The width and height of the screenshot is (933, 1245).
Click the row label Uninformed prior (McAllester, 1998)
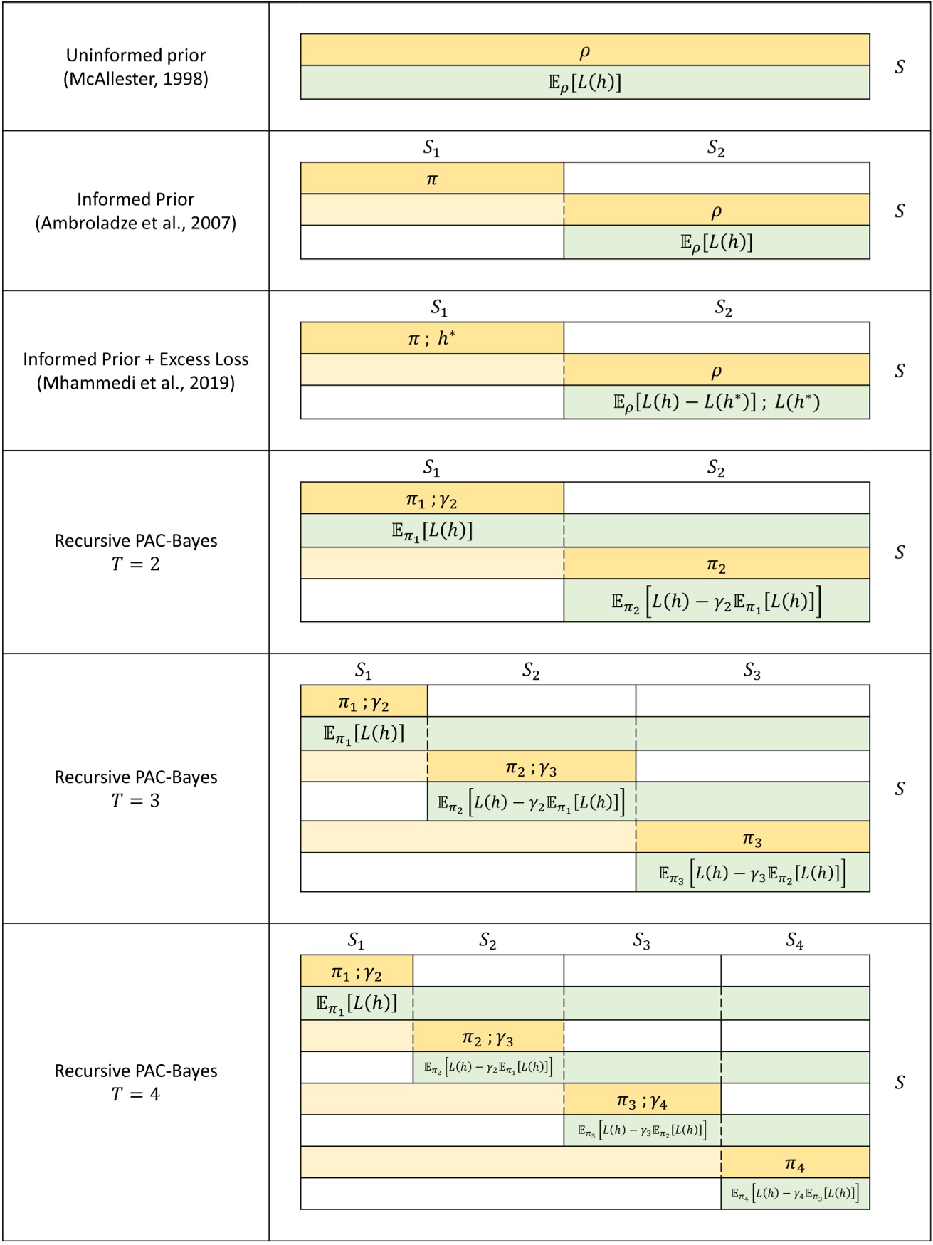[x=136, y=67]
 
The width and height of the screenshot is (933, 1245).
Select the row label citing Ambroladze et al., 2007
[x=136, y=211]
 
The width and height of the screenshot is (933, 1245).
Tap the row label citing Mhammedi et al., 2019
[x=136, y=370]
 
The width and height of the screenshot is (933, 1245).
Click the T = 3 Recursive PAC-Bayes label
[x=136, y=788]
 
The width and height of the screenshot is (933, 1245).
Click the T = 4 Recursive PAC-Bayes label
[x=136, y=1082]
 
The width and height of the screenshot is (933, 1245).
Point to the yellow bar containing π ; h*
[x=432, y=338]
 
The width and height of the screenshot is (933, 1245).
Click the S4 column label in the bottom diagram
[x=794, y=941]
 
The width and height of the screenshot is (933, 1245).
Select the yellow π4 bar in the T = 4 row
[x=794, y=1165]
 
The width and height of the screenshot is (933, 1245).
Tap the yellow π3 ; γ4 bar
[x=642, y=1101]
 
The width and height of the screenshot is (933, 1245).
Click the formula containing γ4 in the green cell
[x=794, y=1194]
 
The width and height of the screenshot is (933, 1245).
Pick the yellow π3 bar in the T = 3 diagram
[x=752, y=839]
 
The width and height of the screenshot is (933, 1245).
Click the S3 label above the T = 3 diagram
[x=752, y=671]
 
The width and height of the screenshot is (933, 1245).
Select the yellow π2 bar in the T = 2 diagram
[x=716, y=564]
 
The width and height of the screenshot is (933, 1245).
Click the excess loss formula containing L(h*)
[x=716, y=402]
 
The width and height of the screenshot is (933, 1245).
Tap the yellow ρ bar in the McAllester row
[x=584, y=51]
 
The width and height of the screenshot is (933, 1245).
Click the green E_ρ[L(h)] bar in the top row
[x=584, y=83]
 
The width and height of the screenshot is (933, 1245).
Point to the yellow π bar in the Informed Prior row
[x=432, y=179]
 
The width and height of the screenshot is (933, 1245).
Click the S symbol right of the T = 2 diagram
[x=900, y=552]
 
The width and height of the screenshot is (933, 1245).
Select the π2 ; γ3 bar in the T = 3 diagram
[x=531, y=767]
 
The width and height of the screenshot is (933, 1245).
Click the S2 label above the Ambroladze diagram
[x=716, y=148]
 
